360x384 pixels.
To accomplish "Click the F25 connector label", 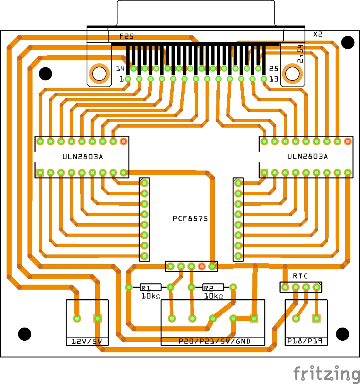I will (127, 37).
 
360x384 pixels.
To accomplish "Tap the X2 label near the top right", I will (318, 34).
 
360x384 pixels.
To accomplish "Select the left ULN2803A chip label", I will (82, 157).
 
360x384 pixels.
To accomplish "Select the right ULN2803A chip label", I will (308, 157).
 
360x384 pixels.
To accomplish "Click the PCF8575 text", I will (190, 218).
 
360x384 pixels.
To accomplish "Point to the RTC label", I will (300, 276).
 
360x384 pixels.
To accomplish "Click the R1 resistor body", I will (151, 287).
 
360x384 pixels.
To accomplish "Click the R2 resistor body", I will (213, 287).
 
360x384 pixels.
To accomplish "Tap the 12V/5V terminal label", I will (87, 341).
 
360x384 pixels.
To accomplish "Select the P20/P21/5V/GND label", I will (214, 341).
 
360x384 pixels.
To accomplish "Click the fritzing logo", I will (326, 374).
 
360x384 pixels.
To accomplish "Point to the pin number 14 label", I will (120, 69).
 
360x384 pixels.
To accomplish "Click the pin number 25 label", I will (274, 69).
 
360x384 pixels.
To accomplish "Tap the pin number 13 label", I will (274, 79).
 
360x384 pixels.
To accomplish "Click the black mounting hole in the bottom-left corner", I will (24, 333).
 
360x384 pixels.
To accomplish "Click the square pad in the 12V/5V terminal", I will (98, 319).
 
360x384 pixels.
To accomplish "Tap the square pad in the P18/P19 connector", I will (317, 319).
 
